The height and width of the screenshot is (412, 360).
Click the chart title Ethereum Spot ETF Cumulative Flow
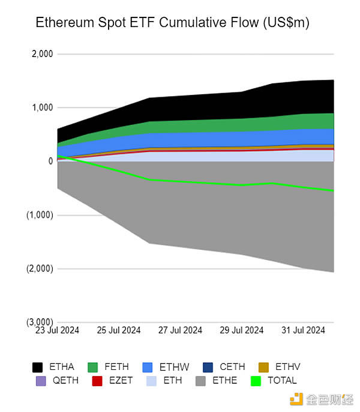[x=172, y=23]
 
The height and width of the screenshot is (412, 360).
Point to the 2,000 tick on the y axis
[x=41, y=54]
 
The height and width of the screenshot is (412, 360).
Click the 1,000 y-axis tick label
[x=41, y=108]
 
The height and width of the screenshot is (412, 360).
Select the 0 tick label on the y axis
[x=50, y=161]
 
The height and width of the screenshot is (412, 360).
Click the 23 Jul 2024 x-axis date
[x=58, y=330]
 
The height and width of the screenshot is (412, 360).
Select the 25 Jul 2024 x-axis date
[x=119, y=330]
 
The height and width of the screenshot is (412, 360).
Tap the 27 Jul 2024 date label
[x=180, y=330]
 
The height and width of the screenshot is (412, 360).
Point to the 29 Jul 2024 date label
[x=241, y=330]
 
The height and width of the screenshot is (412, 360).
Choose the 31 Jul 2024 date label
[x=303, y=330]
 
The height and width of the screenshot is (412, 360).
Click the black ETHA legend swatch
[x=38, y=367]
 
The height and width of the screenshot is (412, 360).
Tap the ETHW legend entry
[x=164, y=367]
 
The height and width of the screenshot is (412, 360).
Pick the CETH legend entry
[x=223, y=367]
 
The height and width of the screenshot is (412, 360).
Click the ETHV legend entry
[x=279, y=367]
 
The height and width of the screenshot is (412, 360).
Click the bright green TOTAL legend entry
[x=274, y=380]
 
